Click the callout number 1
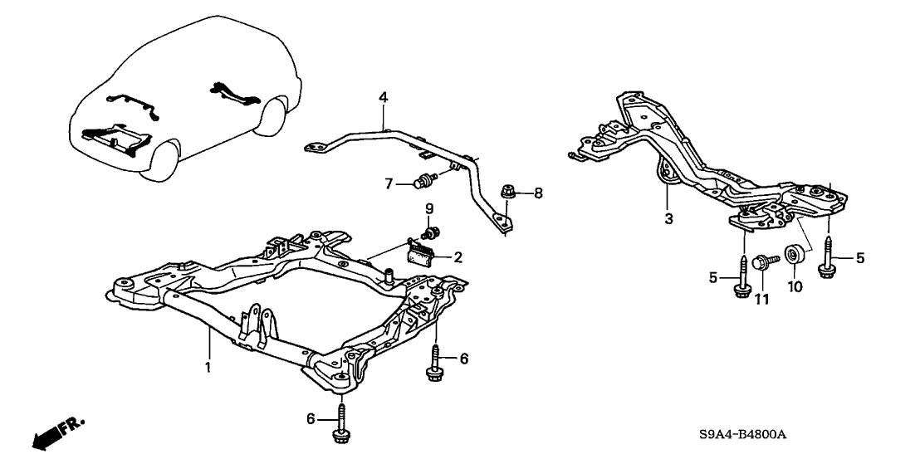tap(208, 365)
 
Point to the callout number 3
tap(669, 218)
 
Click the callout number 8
tap(538, 193)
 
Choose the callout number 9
tap(429, 207)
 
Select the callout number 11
tap(761, 297)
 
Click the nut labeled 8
tap(508, 193)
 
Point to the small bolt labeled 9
tap(433, 229)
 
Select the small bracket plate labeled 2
tap(423, 252)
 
